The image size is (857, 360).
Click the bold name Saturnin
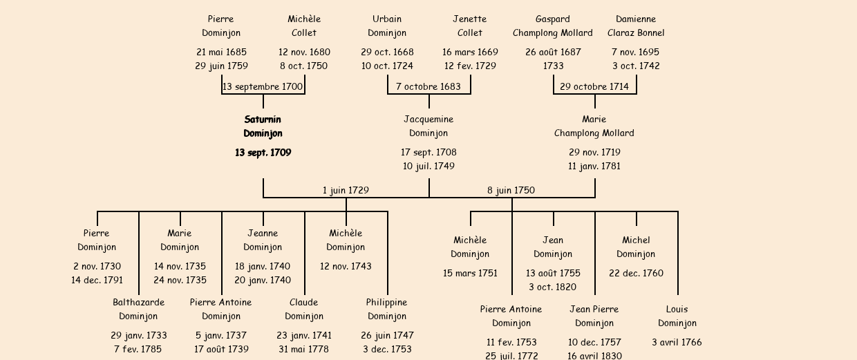[263, 120]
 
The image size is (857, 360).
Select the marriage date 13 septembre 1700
[263, 87]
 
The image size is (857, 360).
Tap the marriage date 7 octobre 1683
[428, 87]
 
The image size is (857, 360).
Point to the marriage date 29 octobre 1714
[594, 87]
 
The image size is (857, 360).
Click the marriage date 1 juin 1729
[346, 191]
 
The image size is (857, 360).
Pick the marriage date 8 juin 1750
[511, 191]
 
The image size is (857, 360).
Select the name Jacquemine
[428, 120]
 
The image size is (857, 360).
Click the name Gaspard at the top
[553, 19]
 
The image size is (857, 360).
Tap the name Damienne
[636, 19]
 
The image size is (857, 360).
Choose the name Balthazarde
[138, 303]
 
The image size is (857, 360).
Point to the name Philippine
[387, 303]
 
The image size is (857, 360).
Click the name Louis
[677, 310]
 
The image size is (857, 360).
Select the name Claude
[304, 303]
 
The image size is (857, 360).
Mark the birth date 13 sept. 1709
[263, 153]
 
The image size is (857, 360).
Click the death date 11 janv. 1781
[594, 167]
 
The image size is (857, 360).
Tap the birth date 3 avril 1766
[677, 343]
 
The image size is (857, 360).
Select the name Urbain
[387, 19]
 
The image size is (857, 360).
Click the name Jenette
[470, 19]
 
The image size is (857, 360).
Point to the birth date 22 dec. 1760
[636, 274]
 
